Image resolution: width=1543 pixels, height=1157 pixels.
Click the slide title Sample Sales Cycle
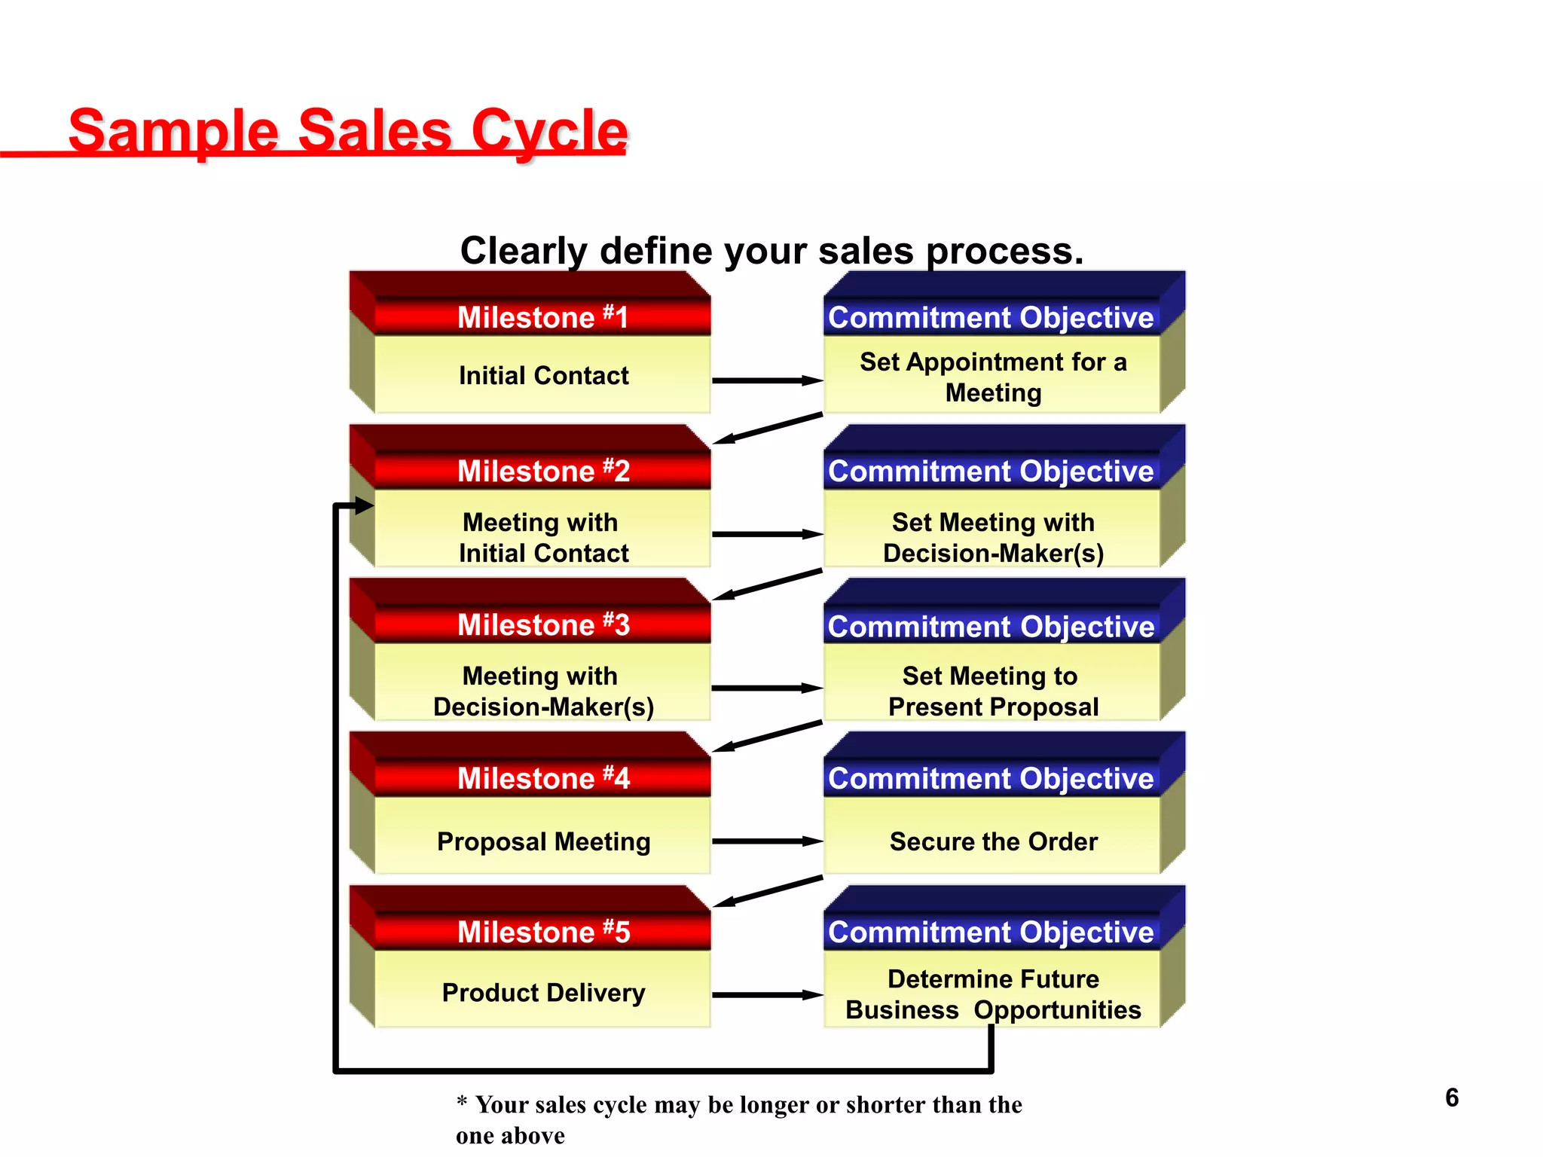pos(347,131)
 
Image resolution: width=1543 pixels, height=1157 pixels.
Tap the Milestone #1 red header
pos(542,317)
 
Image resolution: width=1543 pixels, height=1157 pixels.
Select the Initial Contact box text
pos(543,375)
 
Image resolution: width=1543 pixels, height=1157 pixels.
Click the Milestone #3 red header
pos(542,624)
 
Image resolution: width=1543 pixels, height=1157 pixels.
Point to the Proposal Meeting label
pos(543,841)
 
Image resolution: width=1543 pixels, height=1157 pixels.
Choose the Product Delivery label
pos(543,993)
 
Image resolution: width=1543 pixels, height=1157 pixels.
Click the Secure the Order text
pos(993,841)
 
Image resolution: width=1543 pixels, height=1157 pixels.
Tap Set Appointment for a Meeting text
pos(993,377)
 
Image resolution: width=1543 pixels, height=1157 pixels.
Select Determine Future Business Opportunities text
pos(993,994)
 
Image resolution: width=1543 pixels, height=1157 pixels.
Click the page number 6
pos(1452,1097)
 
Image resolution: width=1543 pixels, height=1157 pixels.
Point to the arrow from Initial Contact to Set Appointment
pos(767,380)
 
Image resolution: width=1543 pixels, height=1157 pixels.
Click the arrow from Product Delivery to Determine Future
pos(767,995)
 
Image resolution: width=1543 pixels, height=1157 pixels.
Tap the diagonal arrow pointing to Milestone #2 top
pos(767,429)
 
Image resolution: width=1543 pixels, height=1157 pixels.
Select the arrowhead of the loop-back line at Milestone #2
pos(365,505)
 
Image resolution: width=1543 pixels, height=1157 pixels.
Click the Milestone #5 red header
pos(542,932)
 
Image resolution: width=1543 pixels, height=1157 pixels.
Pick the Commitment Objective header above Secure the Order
pos(991,778)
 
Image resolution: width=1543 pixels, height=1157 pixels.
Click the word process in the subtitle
pos(1004,252)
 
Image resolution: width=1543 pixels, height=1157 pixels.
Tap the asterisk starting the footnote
pos(462,1102)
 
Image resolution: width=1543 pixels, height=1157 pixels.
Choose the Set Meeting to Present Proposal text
pos(993,691)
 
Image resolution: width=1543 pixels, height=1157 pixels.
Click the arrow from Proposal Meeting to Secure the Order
pos(767,841)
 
